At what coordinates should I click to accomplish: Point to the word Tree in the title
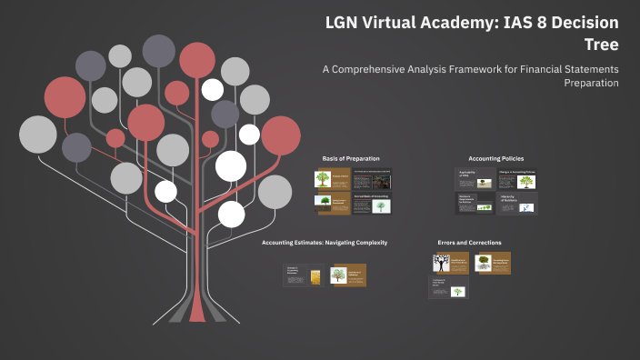pos(603,45)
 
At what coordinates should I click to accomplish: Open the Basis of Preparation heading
pos(351,158)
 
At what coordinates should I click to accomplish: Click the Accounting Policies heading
pos(495,158)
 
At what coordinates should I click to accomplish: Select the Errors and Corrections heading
pos(468,243)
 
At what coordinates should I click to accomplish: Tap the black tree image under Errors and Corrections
pos(442,264)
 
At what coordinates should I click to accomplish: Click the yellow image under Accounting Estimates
pos(315,275)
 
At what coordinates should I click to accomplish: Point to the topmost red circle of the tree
pos(196,60)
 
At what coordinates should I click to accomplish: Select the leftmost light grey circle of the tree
pos(38,135)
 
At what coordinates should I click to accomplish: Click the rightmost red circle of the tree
pos(281,135)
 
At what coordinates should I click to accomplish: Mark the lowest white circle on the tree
pos(232,214)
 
